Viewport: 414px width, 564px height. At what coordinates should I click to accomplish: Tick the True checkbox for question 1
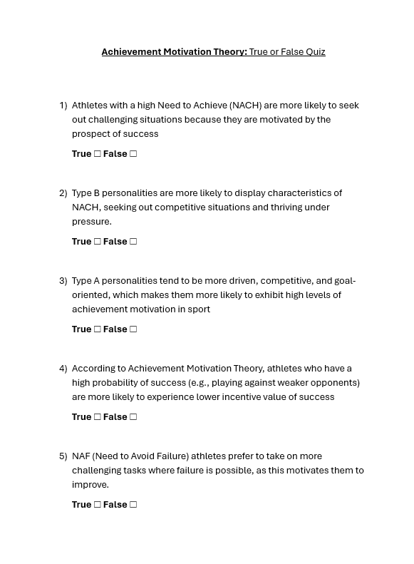tap(98, 154)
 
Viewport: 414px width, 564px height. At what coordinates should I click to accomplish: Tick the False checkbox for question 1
tap(133, 154)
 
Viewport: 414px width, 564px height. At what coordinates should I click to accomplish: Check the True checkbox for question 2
tap(98, 242)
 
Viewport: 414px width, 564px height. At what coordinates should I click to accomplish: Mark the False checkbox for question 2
tap(133, 242)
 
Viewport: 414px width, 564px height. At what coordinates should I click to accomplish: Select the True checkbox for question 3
tap(98, 329)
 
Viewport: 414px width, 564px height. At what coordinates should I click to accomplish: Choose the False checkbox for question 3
tap(133, 329)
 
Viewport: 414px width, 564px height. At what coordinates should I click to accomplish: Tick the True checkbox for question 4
tap(98, 417)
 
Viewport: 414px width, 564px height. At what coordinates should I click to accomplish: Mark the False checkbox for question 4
tap(133, 417)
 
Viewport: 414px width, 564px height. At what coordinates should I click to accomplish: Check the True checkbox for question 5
tap(98, 505)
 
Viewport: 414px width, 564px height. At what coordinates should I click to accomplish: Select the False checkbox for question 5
tap(133, 505)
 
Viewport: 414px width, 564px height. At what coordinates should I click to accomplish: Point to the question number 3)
tap(63, 281)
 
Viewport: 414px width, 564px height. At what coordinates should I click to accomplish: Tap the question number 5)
tap(63, 456)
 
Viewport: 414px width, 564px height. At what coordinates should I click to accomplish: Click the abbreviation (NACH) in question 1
tap(245, 106)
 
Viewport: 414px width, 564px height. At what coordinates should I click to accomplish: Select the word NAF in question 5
tap(81, 456)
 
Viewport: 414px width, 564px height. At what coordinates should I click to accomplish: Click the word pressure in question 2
tap(90, 222)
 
